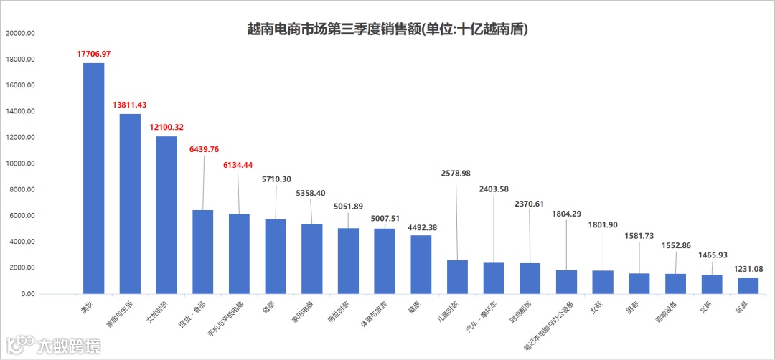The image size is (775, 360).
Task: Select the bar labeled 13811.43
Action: tap(130, 204)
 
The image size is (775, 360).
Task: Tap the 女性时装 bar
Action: tap(166, 214)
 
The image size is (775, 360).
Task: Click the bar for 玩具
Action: tap(748, 285)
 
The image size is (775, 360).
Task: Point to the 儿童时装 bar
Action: tap(457, 277)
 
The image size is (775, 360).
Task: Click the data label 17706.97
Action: tap(93, 54)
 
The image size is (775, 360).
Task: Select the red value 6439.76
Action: tap(203, 149)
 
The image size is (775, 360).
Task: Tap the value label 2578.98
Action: tap(457, 174)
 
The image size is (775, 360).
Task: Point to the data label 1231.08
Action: tap(748, 269)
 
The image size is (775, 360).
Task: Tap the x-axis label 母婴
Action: tap(269, 305)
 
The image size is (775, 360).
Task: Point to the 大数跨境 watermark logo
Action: tap(53, 345)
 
